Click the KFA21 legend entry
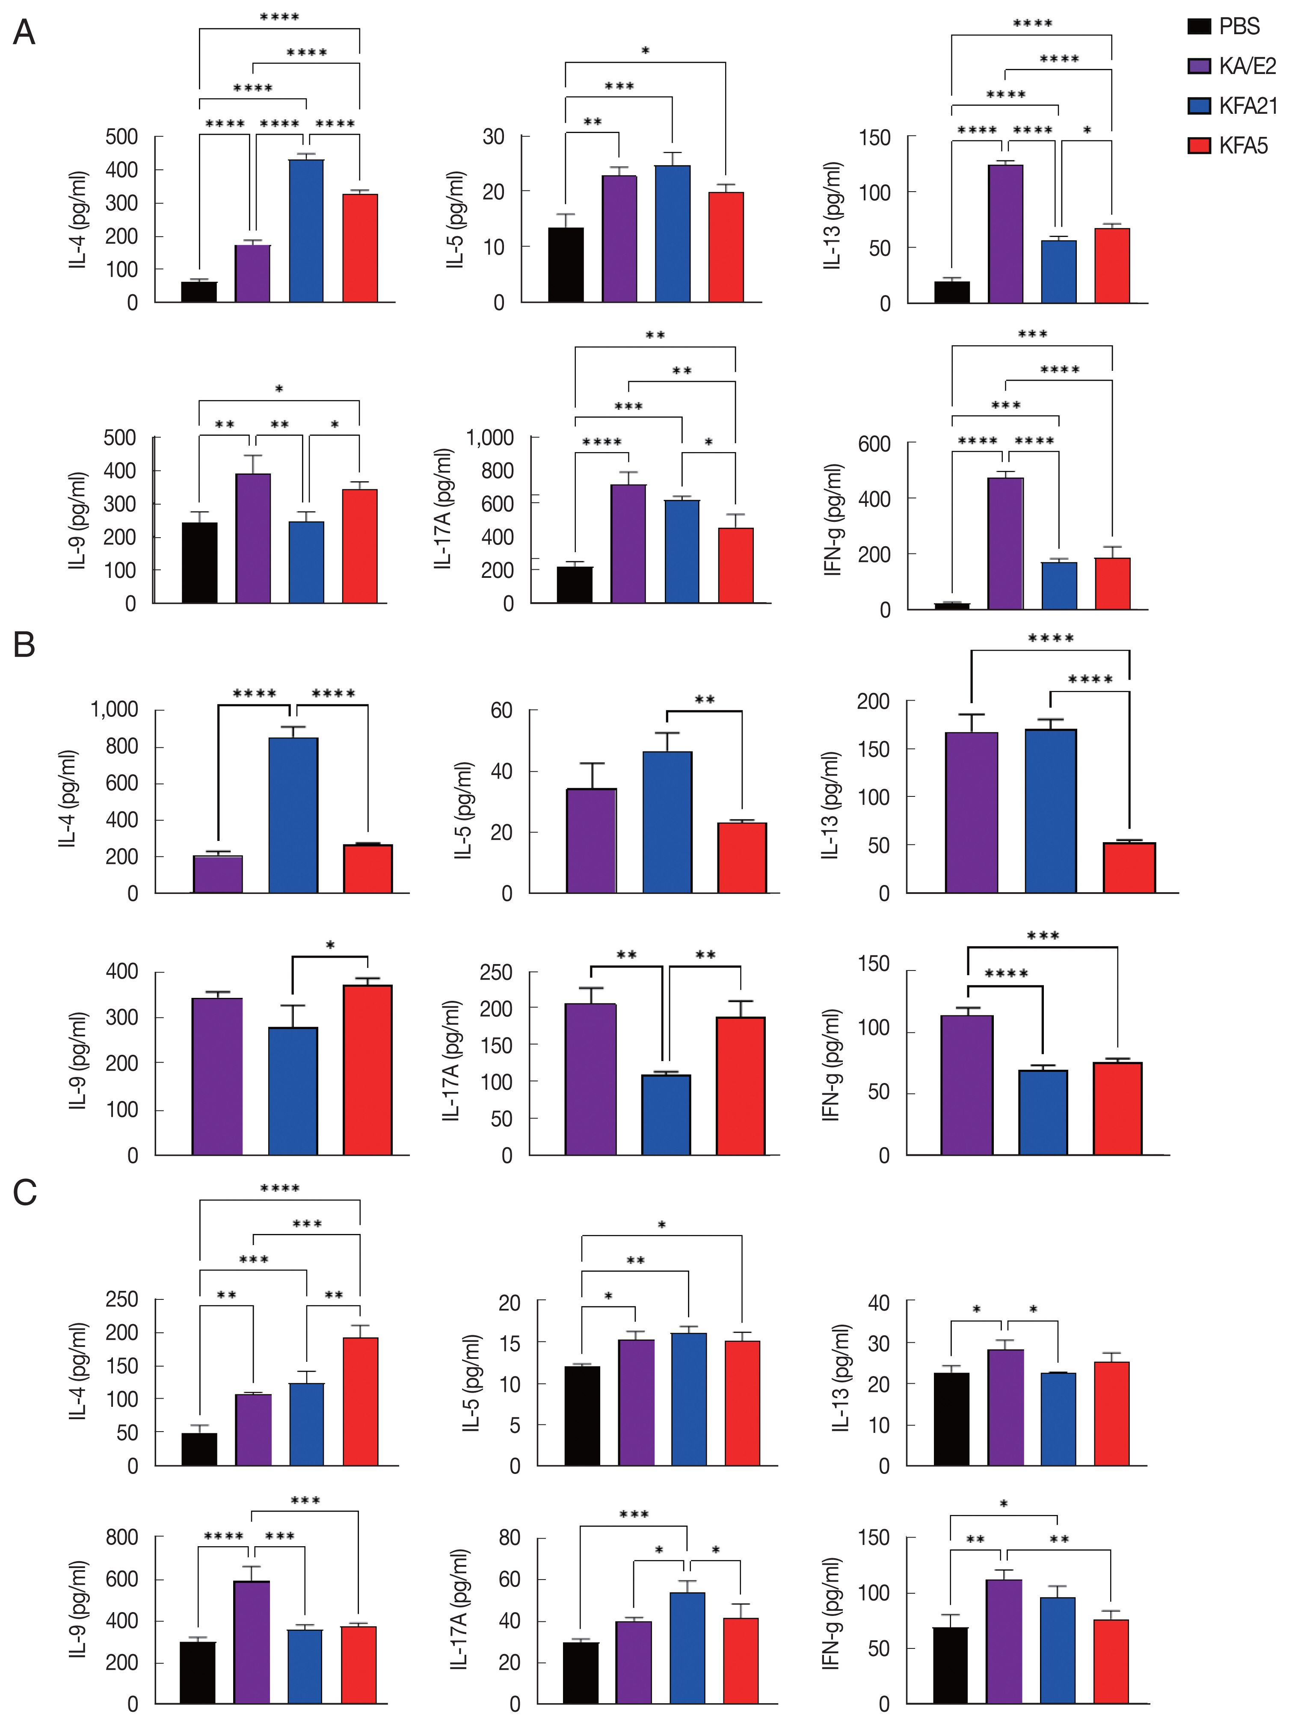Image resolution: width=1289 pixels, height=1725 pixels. pos(1232,106)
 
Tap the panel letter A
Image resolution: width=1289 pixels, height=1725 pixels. pos(24,33)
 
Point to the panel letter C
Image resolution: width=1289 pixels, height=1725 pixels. pos(24,1192)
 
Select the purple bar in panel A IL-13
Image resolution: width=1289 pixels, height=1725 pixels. pos(1005,234)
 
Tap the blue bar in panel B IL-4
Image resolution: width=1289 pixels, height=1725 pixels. pos(293,815)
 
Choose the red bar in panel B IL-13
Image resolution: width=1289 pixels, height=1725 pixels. pos(1129,867)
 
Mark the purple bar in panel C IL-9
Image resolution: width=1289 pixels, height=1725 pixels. pos(252,1642)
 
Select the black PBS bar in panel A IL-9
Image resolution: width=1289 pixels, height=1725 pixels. pos(200,562)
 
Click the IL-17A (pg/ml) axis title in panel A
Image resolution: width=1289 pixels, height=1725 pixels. pos(443,509)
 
